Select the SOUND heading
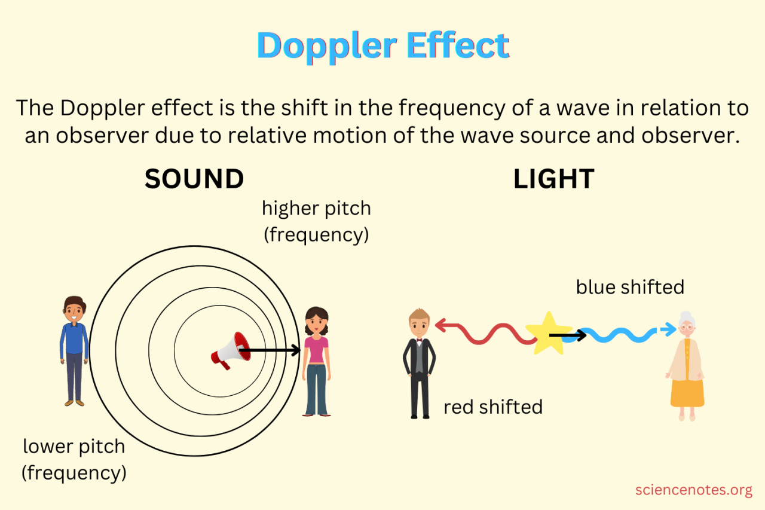tap(194, 179)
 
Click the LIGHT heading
tap(553, 179)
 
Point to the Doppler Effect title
tap(382, 45)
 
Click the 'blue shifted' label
tap(630, 288)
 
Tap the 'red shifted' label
tap(493, 407)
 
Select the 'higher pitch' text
tap(316, 209)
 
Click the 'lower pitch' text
tap(74, 447)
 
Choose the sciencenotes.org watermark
tap(693, 490)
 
